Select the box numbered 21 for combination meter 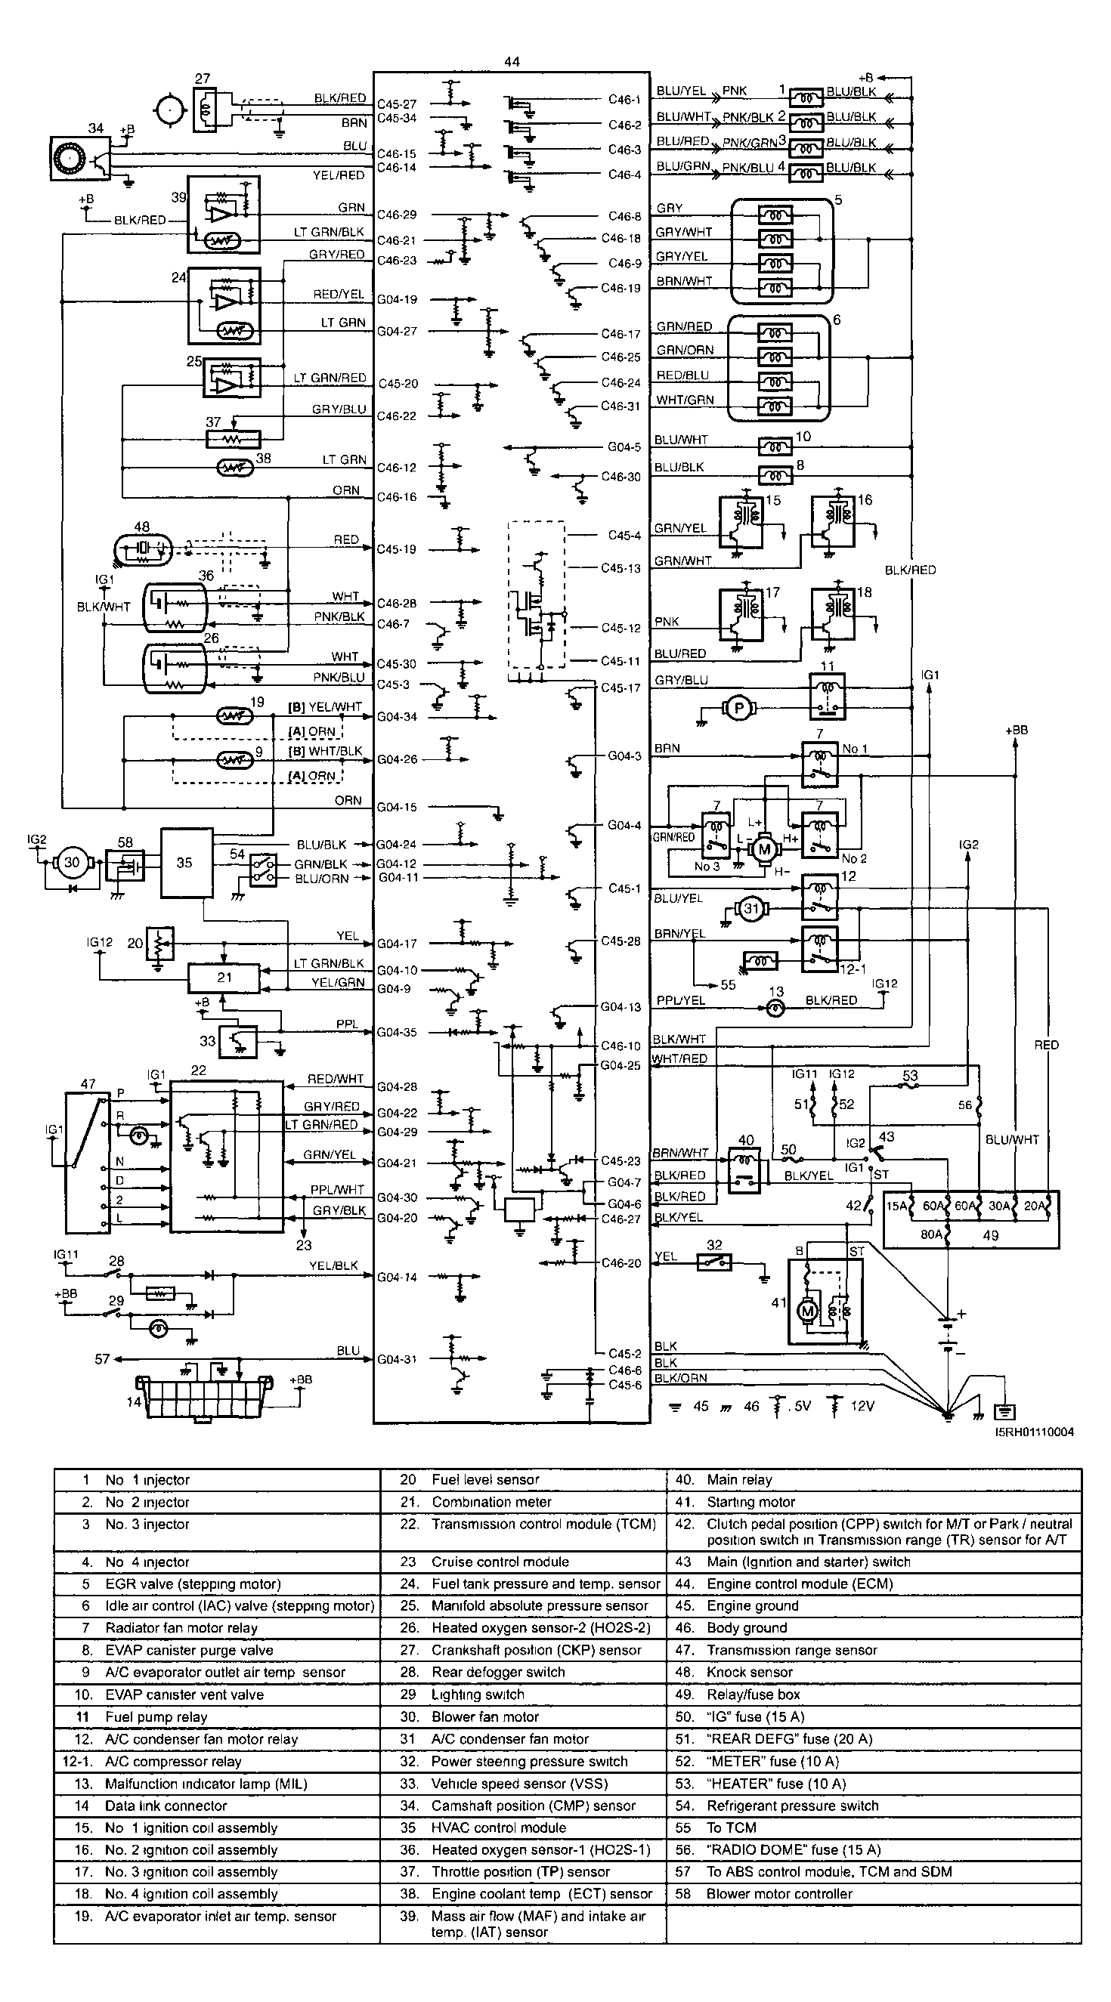click(x=224, y=978)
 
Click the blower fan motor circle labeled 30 click(x=72, y=862)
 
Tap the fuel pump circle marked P click(x=739, y=707)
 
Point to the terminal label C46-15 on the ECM click(x=397, y=154)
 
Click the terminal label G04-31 click(x=397, y=1359)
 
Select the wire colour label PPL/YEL click(x=680, y=1000)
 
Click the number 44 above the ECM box click(x=512, y=62)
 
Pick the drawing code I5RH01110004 click(x=1033, y=1432)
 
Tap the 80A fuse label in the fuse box click(x=930, y=1234)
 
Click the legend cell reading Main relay click(x=738, y=1480)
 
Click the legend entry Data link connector click(x=166, y=1806)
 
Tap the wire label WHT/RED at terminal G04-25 click(x=679, y=1058)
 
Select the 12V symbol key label click(x=862, y=1406)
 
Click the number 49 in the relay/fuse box click(x=991, y=1235)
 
